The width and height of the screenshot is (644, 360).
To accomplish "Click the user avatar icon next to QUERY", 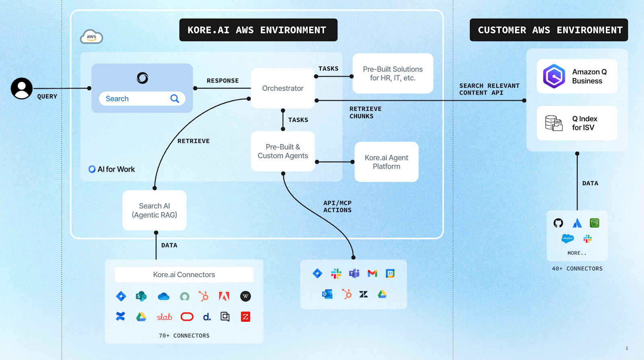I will tap(22, 88).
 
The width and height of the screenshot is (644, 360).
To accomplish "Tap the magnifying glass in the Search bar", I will tap(175, 99).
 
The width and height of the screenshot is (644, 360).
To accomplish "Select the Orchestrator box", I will tap(283, 88).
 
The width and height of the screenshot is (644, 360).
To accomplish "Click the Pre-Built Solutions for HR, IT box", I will tap(392, 74).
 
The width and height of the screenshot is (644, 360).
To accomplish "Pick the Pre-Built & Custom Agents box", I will tap(283, 151).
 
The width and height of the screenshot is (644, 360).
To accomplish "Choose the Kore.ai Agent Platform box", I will tap(386, 162).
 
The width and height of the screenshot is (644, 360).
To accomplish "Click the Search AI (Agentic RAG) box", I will tap(154, 210).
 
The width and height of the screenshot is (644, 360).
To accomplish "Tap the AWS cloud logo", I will tap(91, 37).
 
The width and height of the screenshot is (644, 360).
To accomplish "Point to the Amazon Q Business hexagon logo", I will tap(554, 76).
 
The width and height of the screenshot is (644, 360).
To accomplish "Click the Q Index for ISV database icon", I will tap(554, 123).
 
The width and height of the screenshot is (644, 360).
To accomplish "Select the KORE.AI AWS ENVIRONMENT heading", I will tap(258, 30).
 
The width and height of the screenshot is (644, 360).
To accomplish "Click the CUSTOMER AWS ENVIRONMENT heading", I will tap(549, 30).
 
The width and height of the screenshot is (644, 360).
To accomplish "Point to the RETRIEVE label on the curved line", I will tap(193, 141).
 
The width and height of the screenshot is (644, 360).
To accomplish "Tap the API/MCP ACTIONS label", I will tap(337, 207).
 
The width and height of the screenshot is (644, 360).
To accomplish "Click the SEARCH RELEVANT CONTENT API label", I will tap(489, 89).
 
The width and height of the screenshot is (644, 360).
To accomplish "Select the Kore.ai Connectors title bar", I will tap(184, 275).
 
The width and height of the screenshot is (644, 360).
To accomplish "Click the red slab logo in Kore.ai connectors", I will tap(164, 317).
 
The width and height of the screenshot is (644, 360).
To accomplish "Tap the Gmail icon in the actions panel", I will tap(372, 273).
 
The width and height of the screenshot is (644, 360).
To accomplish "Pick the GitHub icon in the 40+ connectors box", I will tap(558, 223).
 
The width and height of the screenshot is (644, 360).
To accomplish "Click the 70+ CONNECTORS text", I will tap(184, 335).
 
